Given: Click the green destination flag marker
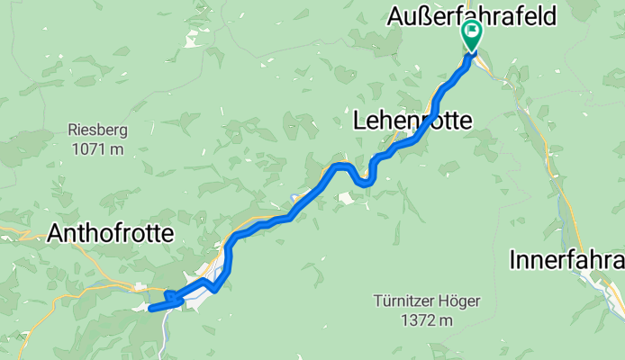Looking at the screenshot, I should pyautogui.click(x=471, y=34).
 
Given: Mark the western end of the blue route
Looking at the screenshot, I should pyautogui.click(x=150, y=308).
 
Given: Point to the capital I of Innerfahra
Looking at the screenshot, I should pyautogui.click(x=513, y=260).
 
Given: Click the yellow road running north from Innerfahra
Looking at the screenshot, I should pyautogui.click(x=550, y=171).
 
